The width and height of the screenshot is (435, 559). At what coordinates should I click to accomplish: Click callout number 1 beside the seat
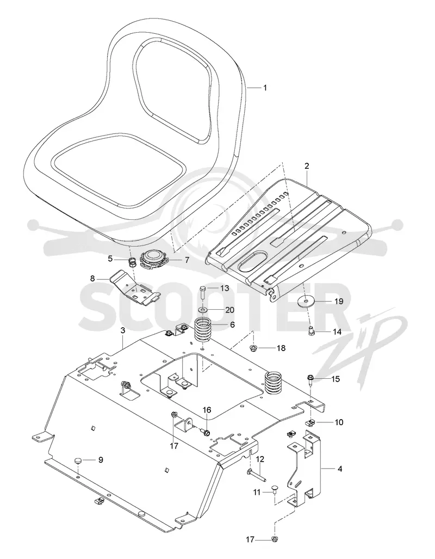coord(265,88)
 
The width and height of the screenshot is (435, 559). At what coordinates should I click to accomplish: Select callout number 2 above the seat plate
coord(307,166)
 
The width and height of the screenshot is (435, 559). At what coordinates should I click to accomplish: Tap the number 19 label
coord(339,301)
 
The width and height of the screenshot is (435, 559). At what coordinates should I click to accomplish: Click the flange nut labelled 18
coord(254,348)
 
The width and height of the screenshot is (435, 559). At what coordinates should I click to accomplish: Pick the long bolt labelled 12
coord(256,474)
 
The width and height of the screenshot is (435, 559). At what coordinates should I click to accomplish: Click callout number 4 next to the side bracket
coord(339,469)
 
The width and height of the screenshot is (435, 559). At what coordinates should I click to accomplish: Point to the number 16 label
coord(207,411)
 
